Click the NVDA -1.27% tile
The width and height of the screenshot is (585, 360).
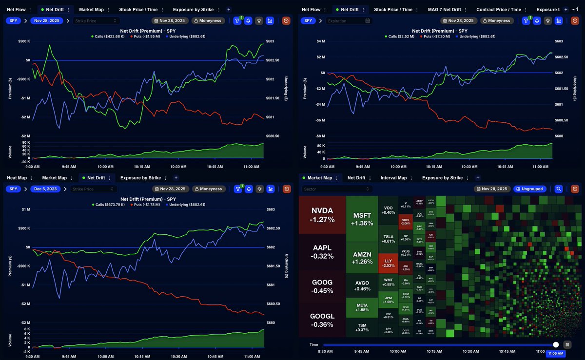pyautogui.click(x=322, y=215)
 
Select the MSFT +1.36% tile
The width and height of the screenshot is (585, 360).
pyautogui.click(x=362, y=219)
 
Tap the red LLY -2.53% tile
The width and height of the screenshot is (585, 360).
pyautogui.click(x=388, y=263)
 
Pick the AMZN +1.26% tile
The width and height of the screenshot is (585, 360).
pyautogui.click(x=362, y=258)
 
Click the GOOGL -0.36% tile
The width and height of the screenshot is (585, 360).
pyautogui.click(x=322, y=320)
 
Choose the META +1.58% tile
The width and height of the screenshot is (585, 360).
pyautogui.click(x=362, y=307)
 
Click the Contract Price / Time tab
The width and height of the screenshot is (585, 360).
pyautogui.click(x=498, y=9)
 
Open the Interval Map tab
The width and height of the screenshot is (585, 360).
pyautogui.click(x=393, y=178)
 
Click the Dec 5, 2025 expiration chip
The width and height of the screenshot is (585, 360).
pyautogui.click(x=47, y=189)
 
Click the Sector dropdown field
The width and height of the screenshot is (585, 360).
pyautogui.click(x=336, y=189)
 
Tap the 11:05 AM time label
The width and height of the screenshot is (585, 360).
pyautogui.click(x=555, y=354)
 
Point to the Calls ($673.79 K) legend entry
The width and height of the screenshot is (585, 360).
pyautogui.click(x=110, y=205)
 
